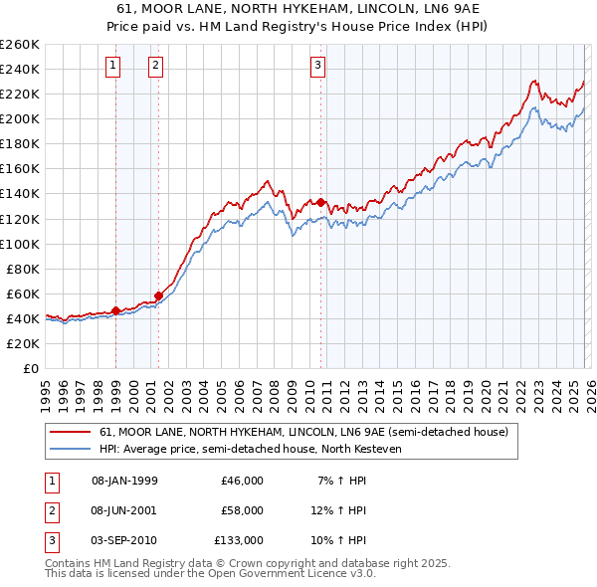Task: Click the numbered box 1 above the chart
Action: tap(113, 67)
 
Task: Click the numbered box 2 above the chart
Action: tap(156, 67)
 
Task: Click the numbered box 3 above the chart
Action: tap(317, 67)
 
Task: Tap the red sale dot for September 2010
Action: tap(321, 202)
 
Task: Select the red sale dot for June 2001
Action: tap(158, 295)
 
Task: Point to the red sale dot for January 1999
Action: tap(116, 310)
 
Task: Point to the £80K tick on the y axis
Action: tap(23, 269)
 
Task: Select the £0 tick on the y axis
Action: tap(32, 368)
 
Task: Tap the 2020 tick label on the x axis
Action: tap(485, 391)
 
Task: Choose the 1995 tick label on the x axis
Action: tap(46, 391)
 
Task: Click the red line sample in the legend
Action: tap(71, 432)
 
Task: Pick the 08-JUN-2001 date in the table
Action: tap(124, 509)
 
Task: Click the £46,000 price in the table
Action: tap(241, 480)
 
